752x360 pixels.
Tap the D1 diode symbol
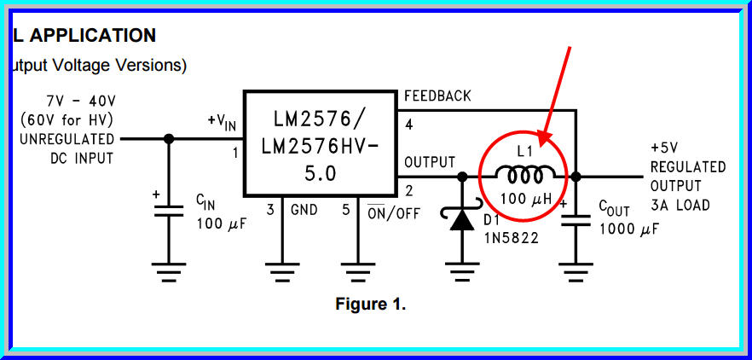(x=462, y=219)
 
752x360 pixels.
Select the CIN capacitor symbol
(x=168, y=210)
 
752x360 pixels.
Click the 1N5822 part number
(x=511, y=239)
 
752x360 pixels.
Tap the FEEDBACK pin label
(x=437, y=96)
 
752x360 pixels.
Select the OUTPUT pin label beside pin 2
(x=430, y=162)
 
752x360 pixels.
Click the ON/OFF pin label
(x=393, y=212)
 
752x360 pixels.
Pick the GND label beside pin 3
(x=304, y=210)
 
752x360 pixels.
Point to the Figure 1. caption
(x=370, y=305)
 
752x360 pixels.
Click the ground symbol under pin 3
(x=281, y=273)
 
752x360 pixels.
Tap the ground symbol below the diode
(x=462, y=273)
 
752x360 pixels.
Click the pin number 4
(x=409, y=125)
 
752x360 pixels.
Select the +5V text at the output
(x=667, y=147)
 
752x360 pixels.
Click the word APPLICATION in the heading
(x=94, y=35)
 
